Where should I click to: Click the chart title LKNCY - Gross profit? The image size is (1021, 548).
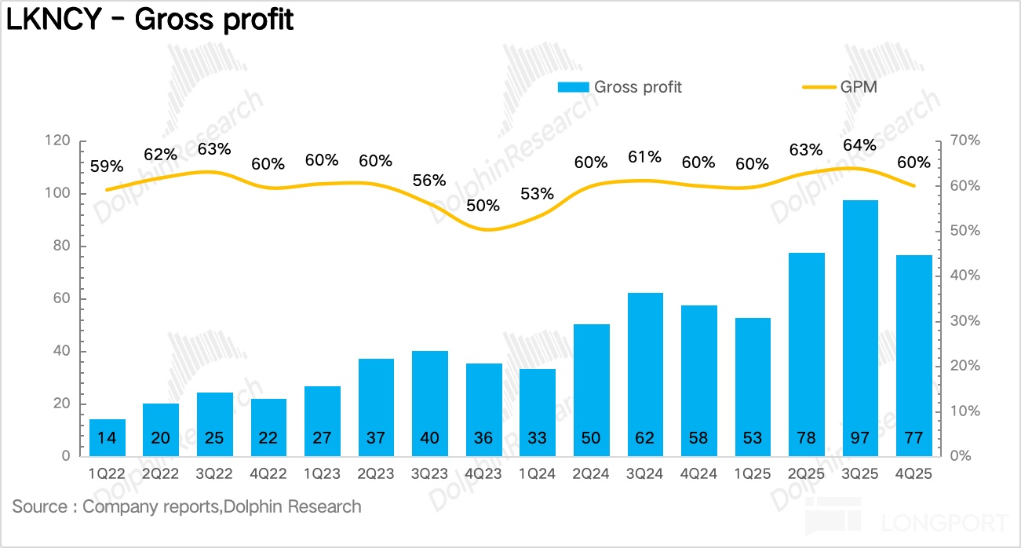pos(150,20)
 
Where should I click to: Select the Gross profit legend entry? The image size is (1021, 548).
pos(620,87)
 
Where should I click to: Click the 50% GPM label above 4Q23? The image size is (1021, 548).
pos(483,206)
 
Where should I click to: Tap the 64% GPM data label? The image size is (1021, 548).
pos(860,145)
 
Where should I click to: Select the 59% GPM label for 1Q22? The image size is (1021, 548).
pos(107,166)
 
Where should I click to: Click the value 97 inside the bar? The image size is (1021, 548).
pos(860,437)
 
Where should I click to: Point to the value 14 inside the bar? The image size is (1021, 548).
pos(107,437)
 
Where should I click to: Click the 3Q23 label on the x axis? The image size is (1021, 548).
pos(429,474)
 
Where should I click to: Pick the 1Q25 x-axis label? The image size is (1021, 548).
pos(753,474)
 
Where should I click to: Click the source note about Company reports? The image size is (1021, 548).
pos(187,506)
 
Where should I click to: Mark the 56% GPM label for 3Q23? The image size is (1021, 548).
pos(429,180)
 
